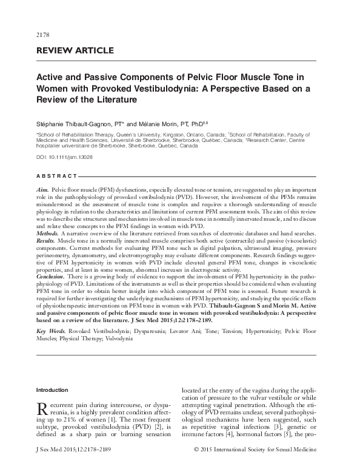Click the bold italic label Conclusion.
tap(52, 276)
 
